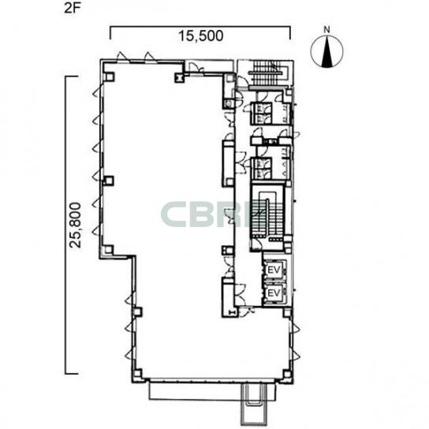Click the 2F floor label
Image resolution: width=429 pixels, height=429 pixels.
coord(72,8)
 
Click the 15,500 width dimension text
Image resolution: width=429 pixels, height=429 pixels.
coord(200,35)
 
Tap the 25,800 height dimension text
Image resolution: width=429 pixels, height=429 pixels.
coord(75,225)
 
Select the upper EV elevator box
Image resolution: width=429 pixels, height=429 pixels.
coord(274,270)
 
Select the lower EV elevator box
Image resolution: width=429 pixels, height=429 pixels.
coord(274,293)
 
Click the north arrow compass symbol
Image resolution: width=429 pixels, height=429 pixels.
coord(326,51)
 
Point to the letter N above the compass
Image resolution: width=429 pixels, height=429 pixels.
coord(326,29)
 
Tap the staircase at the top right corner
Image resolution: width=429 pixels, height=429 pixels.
coord(267,73)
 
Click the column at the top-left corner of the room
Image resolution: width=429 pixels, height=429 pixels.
coord(110,76)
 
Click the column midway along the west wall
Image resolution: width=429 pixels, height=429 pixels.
coord(109,181)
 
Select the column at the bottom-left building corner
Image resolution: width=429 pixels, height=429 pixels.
coord(137,373)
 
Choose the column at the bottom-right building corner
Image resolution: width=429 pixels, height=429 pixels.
coord(286,373)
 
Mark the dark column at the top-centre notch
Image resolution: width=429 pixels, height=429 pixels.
coord(179,77)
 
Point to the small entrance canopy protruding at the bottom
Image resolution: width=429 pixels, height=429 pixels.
coord(253,405)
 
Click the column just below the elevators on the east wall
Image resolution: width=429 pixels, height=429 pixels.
coord(286,312)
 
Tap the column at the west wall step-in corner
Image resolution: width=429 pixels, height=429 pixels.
coord(109,249)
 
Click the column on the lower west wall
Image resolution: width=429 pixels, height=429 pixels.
coord(137,311)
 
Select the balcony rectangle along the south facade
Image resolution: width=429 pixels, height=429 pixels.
coord(212,390)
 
